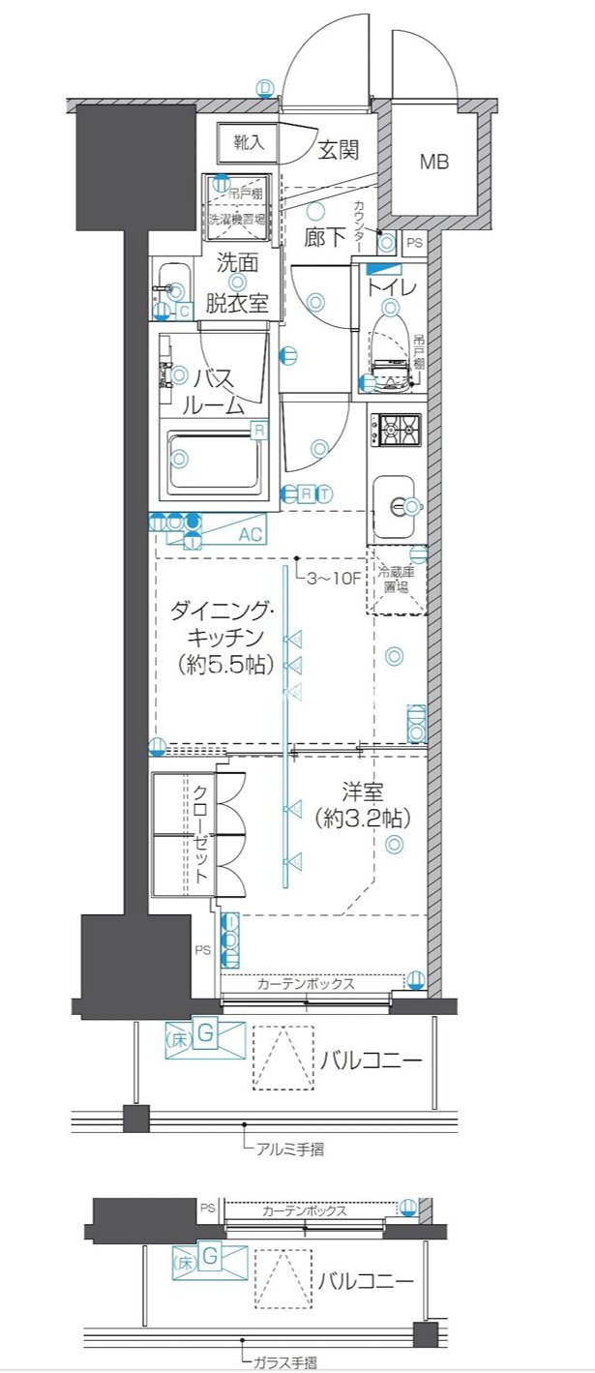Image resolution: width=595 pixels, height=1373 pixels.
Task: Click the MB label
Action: click(434, 163)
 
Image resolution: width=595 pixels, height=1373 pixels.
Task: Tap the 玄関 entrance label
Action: click(339, 150)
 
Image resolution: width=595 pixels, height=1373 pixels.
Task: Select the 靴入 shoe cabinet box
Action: click(248, 143)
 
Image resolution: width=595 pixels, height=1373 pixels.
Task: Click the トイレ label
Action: click(391, 287)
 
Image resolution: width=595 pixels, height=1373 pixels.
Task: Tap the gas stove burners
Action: click(399, 430)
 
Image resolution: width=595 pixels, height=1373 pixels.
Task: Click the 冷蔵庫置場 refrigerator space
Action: click(397, 582)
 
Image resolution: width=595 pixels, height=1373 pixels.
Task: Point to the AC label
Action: click(251, 533)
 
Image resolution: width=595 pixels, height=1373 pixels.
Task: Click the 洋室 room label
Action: click(363, 791)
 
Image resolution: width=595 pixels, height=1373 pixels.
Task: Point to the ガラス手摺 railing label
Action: click(283, 1362)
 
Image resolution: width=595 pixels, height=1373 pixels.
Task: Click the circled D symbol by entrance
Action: click(265, 87)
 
